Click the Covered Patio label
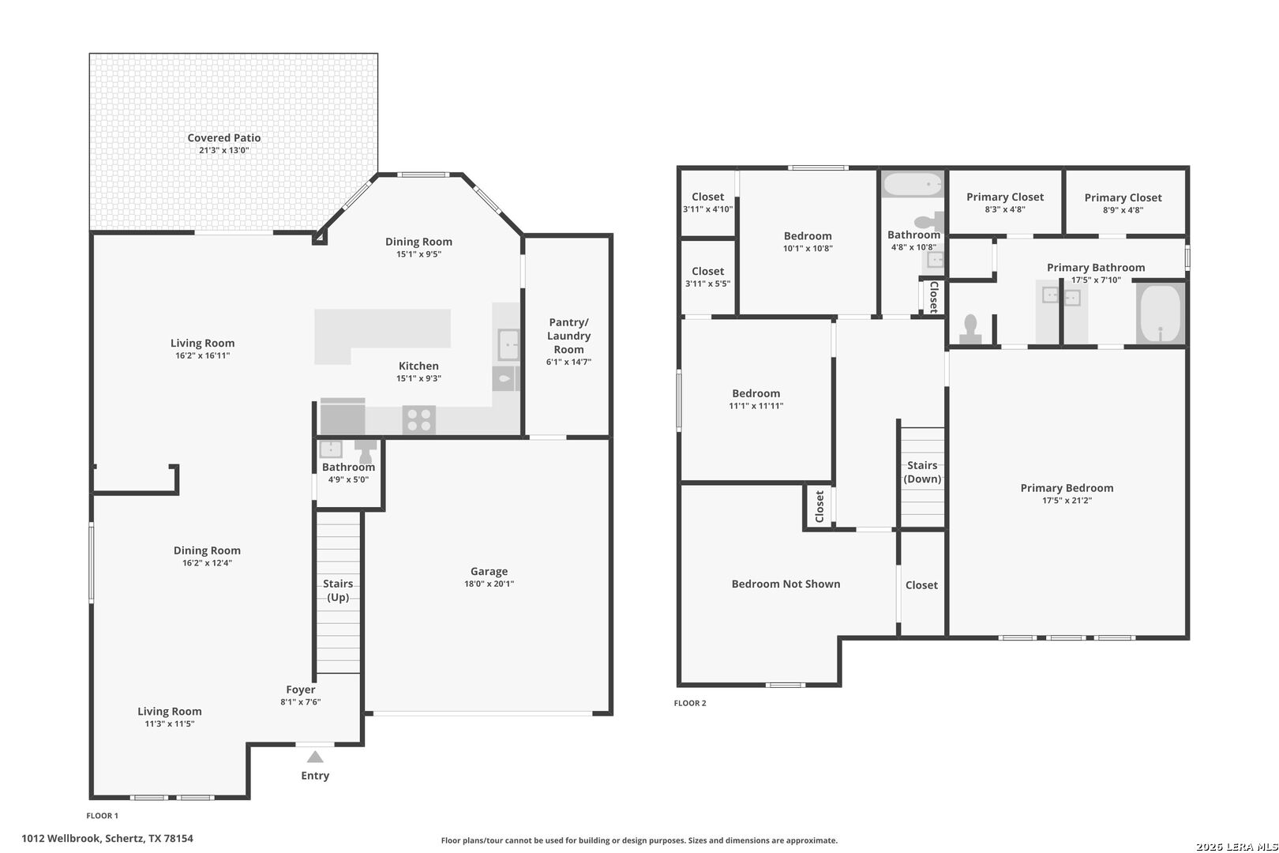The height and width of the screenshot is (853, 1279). [x=224, y=137]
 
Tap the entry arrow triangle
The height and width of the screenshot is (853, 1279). [x=315, y=757]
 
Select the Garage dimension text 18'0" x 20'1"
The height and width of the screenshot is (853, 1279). [x=489, y=584]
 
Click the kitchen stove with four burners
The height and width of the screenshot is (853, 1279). [x=418, y=420]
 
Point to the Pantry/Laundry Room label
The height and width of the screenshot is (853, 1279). [x=568, y=336]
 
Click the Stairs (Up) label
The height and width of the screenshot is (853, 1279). [x=338, y=590]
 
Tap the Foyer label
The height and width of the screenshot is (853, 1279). [x=300, y=690]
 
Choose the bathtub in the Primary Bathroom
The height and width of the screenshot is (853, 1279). [x=1161, y=313]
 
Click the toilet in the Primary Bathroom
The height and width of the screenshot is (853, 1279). [x=970, y=329]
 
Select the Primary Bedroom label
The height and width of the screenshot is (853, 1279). [x=1067, y=488]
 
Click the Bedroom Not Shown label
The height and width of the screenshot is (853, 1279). [x=786, y=584]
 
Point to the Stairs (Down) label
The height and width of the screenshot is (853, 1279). [x=922, y=472]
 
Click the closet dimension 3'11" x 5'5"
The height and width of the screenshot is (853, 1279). [x=707, y=284]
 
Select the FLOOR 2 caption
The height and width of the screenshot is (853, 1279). [x=690, y=703]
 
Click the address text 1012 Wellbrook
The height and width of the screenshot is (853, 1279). [x=62, y=839]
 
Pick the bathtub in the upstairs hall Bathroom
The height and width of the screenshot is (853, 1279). [x=913, y=184]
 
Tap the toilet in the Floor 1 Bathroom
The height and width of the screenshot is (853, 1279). [x=366, y=451]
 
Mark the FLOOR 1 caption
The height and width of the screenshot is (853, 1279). [x=102, y=816]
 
